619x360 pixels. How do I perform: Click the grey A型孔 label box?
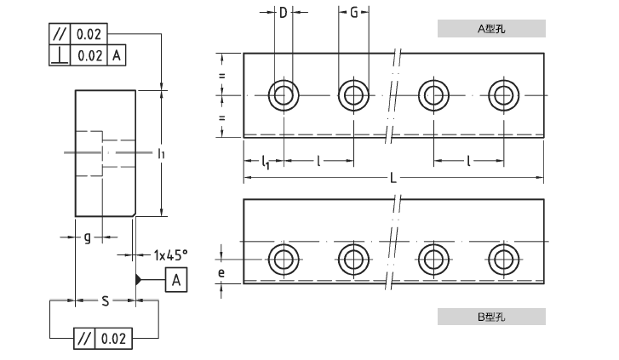pyautogui.click(x=491, y=28)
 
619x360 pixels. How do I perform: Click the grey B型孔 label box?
pyautogui.click(x=491, y=317)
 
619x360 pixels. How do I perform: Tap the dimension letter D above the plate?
pyautogui.click(x=283, y=13)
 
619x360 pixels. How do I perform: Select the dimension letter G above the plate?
pyautogui.click(x=353, y=13)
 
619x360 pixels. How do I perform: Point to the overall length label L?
pyautogui.click(x=393, y=178)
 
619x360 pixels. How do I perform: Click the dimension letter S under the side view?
pyautogui.click(x=105, y=300)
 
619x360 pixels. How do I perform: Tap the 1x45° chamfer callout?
pyautogui.click(x=170, y=254)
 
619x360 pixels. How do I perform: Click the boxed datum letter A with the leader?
pyautogui.click(x=175, y=279)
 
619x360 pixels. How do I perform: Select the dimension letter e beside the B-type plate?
pyautogui.click(x=221, y=272)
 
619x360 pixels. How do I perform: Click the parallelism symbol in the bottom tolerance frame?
pyautogui.click(x=84, y=338)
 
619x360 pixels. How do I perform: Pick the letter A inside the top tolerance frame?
pyautogui.click(x=117, y=55)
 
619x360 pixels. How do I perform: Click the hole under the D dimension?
pyautogui.click(x=283, y=94)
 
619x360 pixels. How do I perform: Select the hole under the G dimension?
pyautogui.click(x=352, y=94)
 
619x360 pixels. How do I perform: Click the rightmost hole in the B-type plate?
pyautogui.click(x=502, y=259)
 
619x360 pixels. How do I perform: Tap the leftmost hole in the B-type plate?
pyautogui.click(x=283, y=259)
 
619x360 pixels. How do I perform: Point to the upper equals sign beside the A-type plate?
pyautogui.click(x=221, y=77)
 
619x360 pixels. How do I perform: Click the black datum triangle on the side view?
pyautogui.click(x=138, y=279)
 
